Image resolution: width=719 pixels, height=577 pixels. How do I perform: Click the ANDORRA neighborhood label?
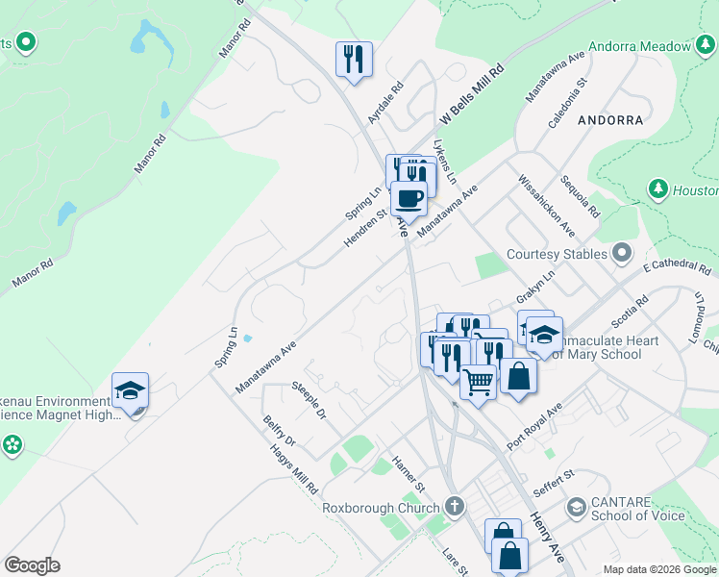click(610, 121)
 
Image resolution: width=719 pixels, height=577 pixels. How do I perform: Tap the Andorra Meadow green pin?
click(704, 45)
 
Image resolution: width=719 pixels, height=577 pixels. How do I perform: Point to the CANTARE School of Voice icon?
click(576, 507)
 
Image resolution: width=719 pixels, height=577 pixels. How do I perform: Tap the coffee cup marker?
click(409, 198)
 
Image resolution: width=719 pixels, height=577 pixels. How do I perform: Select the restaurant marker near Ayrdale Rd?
click(354, 59)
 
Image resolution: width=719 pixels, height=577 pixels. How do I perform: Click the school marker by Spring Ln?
click(131, 390)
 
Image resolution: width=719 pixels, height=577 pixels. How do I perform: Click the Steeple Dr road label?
click(309, 403)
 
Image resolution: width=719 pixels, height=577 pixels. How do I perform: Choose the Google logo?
click(33, 565)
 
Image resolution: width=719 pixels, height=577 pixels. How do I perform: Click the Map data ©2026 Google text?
click(658, 569)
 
